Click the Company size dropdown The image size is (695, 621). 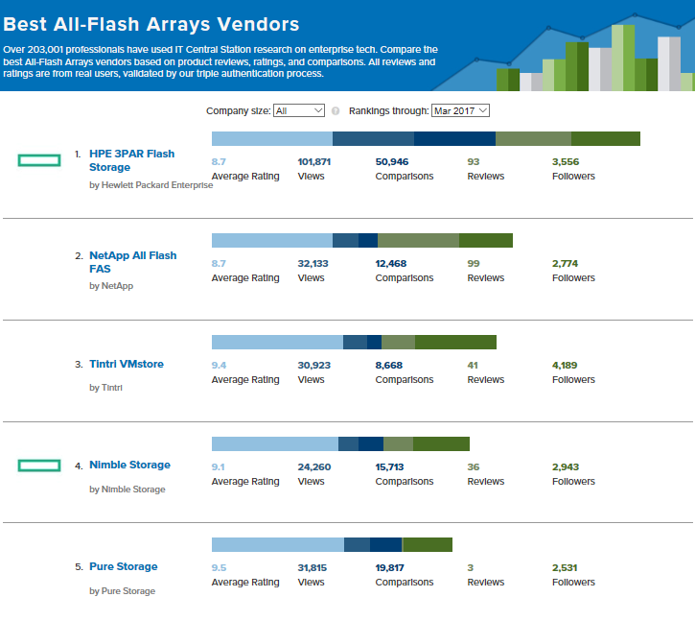pyautogui.click(x=299, y=110)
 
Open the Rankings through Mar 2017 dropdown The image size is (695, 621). pyautogui.click(x=460, y=110)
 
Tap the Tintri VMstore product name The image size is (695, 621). pyautogui.click(x=127, y=364)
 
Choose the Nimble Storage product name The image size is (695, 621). pyautogui.click(x=129, y=465)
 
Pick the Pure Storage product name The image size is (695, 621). pyautogui.click(x=123, y=566)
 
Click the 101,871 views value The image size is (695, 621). pyautogui.click(x=314, y=161)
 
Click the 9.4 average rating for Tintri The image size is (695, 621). pyautogui.click(x=219, y=365)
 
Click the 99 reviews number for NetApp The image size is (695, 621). pyautogui.click(x=473, y=263)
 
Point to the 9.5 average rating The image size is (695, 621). pyautogui.click(x=219, y=567)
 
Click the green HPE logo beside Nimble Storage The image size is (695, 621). pyautogui.click(x=39, y=466)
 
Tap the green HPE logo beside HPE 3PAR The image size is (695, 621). pyautogui.click(x=39, y=160)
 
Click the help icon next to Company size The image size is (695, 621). pyautogui.click(x=336, y=110)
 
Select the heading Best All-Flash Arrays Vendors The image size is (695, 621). pyautogui.click(x=151, y=23)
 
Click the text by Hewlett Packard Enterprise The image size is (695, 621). pyautogui.click(x=151, y=185)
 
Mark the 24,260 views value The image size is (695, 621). pyautogui.click(x=314, y=466)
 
